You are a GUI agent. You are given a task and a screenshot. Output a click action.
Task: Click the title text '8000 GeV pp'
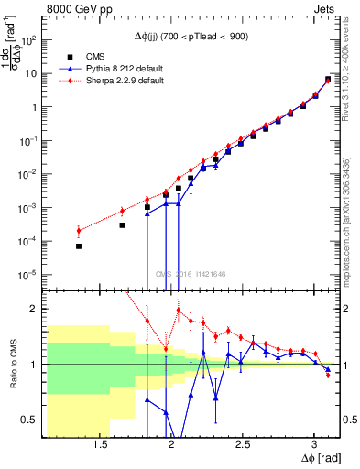click(76, 10)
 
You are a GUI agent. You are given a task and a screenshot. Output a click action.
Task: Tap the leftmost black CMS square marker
click(79, 246)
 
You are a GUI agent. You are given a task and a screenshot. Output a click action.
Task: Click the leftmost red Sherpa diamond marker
click(79, 230)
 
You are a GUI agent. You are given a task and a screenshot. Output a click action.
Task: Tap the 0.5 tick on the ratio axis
click(31, 420)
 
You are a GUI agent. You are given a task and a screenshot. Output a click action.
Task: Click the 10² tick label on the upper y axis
click(29, 40)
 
